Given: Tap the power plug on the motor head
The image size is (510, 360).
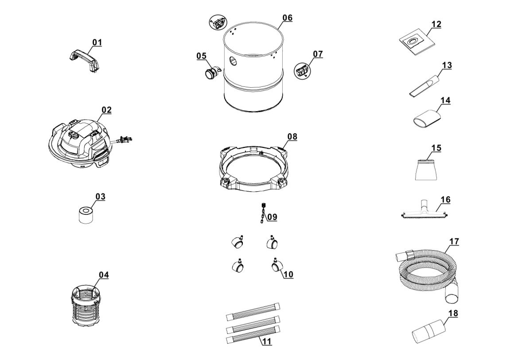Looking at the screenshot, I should click(125, 141).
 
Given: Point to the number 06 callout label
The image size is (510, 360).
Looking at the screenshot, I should click(287, 18).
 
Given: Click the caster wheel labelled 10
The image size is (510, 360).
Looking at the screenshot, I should click(277, 266).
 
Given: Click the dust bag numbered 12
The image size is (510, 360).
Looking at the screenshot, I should click(415, 42).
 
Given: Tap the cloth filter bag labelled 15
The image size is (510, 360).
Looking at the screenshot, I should click(428, 168).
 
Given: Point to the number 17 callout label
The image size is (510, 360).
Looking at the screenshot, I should click(454, 242).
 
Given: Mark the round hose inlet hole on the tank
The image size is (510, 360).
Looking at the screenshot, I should click(233, 61).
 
